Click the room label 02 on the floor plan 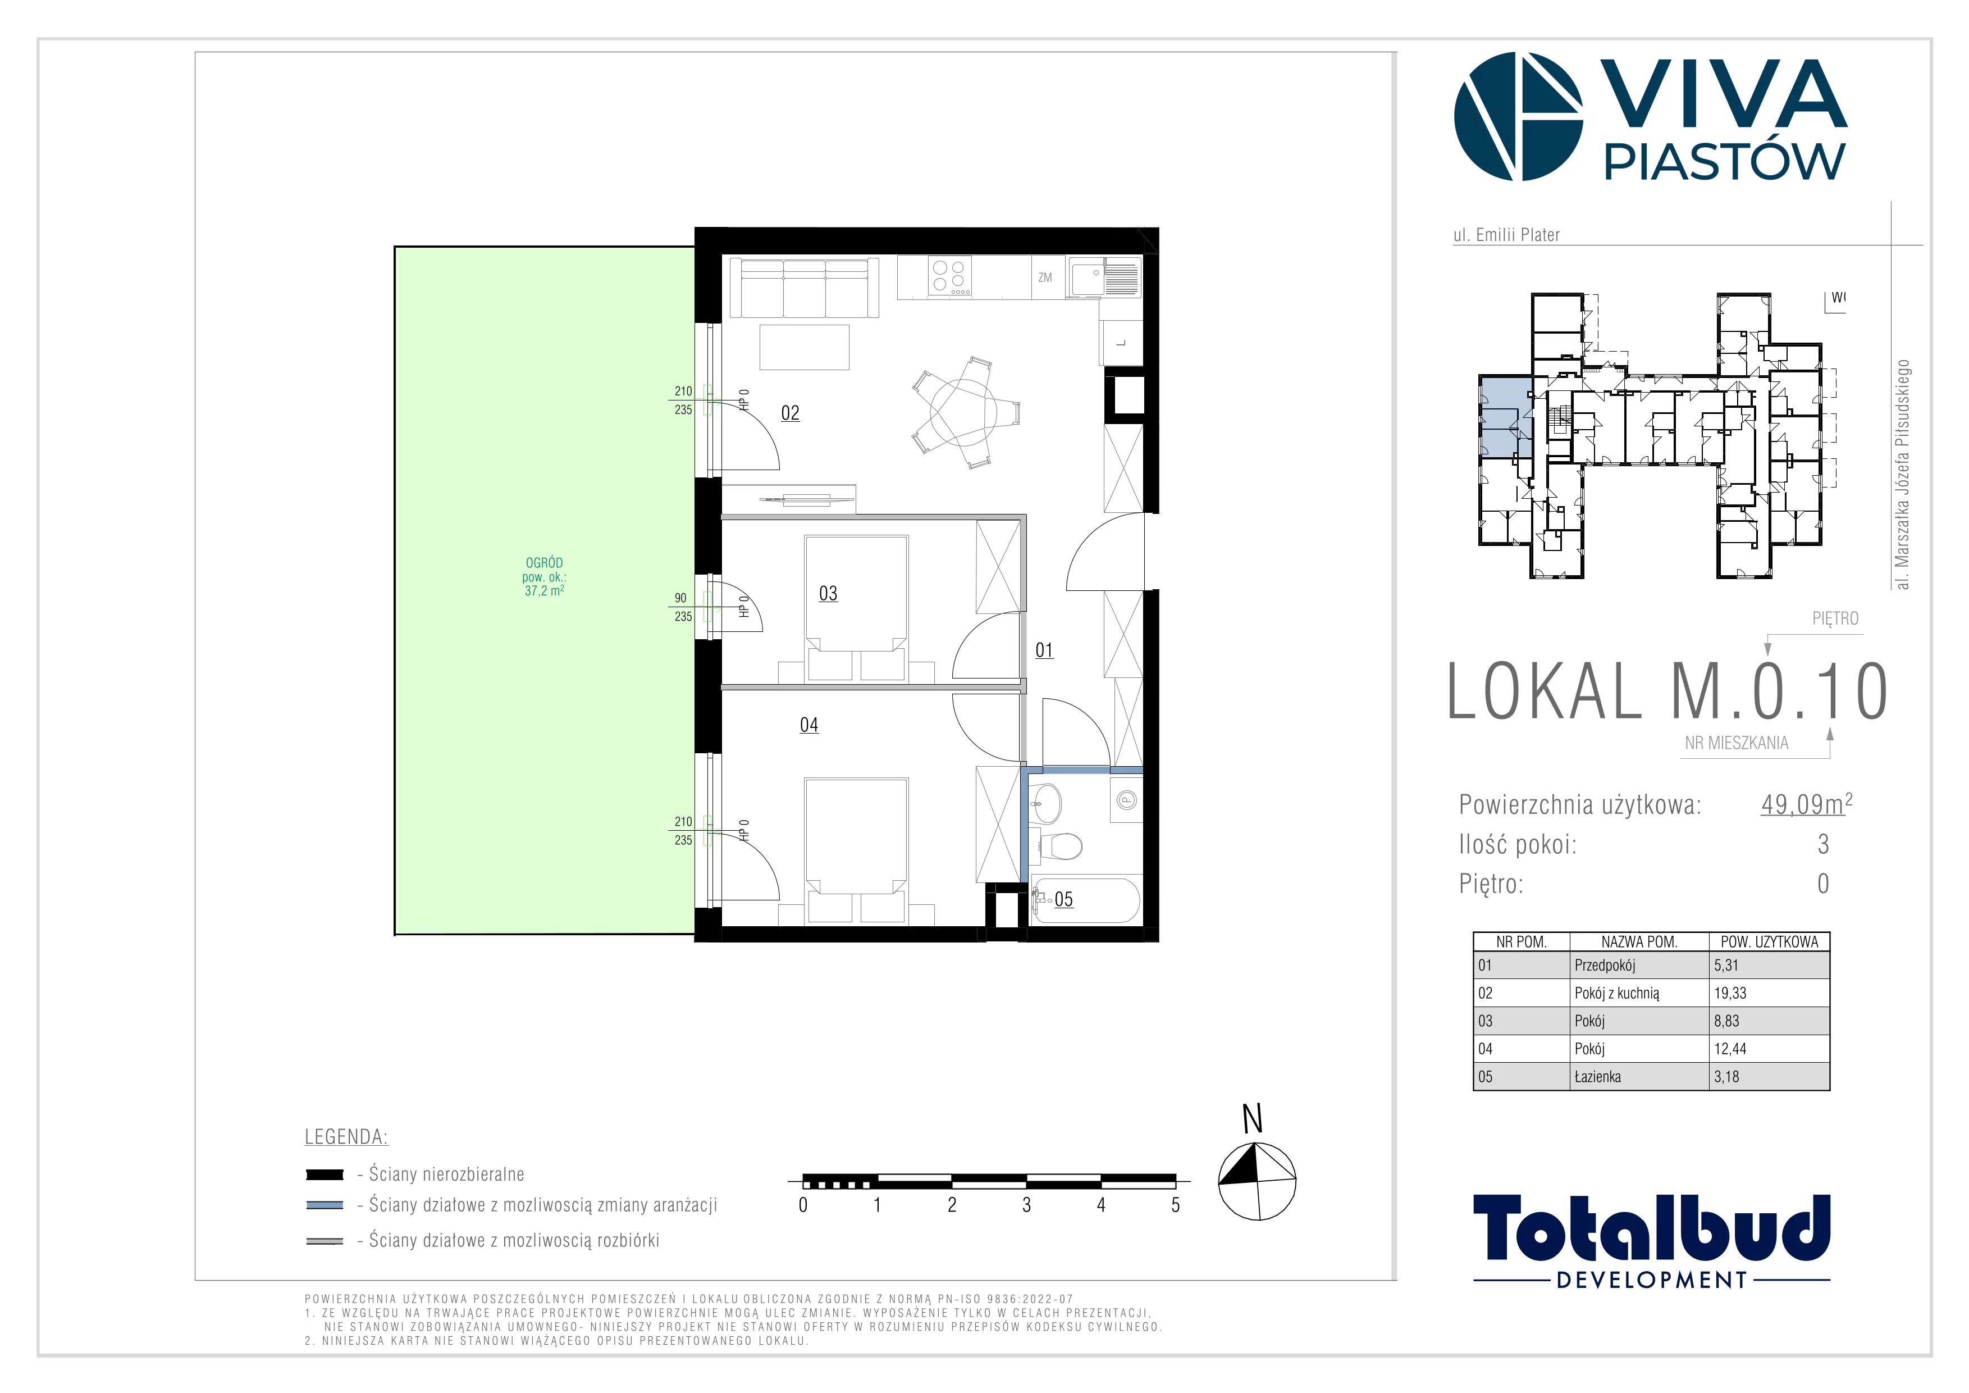coord(790,413)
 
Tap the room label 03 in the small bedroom coord(828,594)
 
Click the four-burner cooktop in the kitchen coord(950,276)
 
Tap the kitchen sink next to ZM coord(1104,277)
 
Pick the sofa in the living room coord(803,289)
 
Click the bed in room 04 coord(856,849)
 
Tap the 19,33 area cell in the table coord(1730,993)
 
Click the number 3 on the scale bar coord(1026,1205)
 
